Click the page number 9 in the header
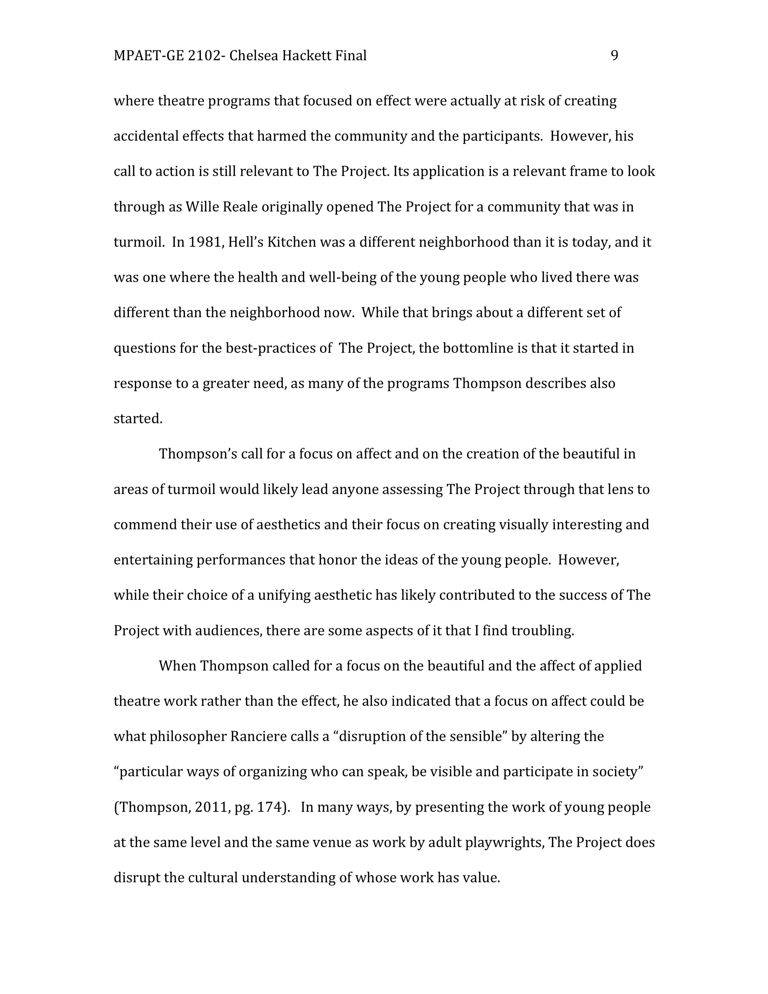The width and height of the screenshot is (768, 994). click(x=614, y=56)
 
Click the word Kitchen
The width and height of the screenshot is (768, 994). click(x=291, y=242)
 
